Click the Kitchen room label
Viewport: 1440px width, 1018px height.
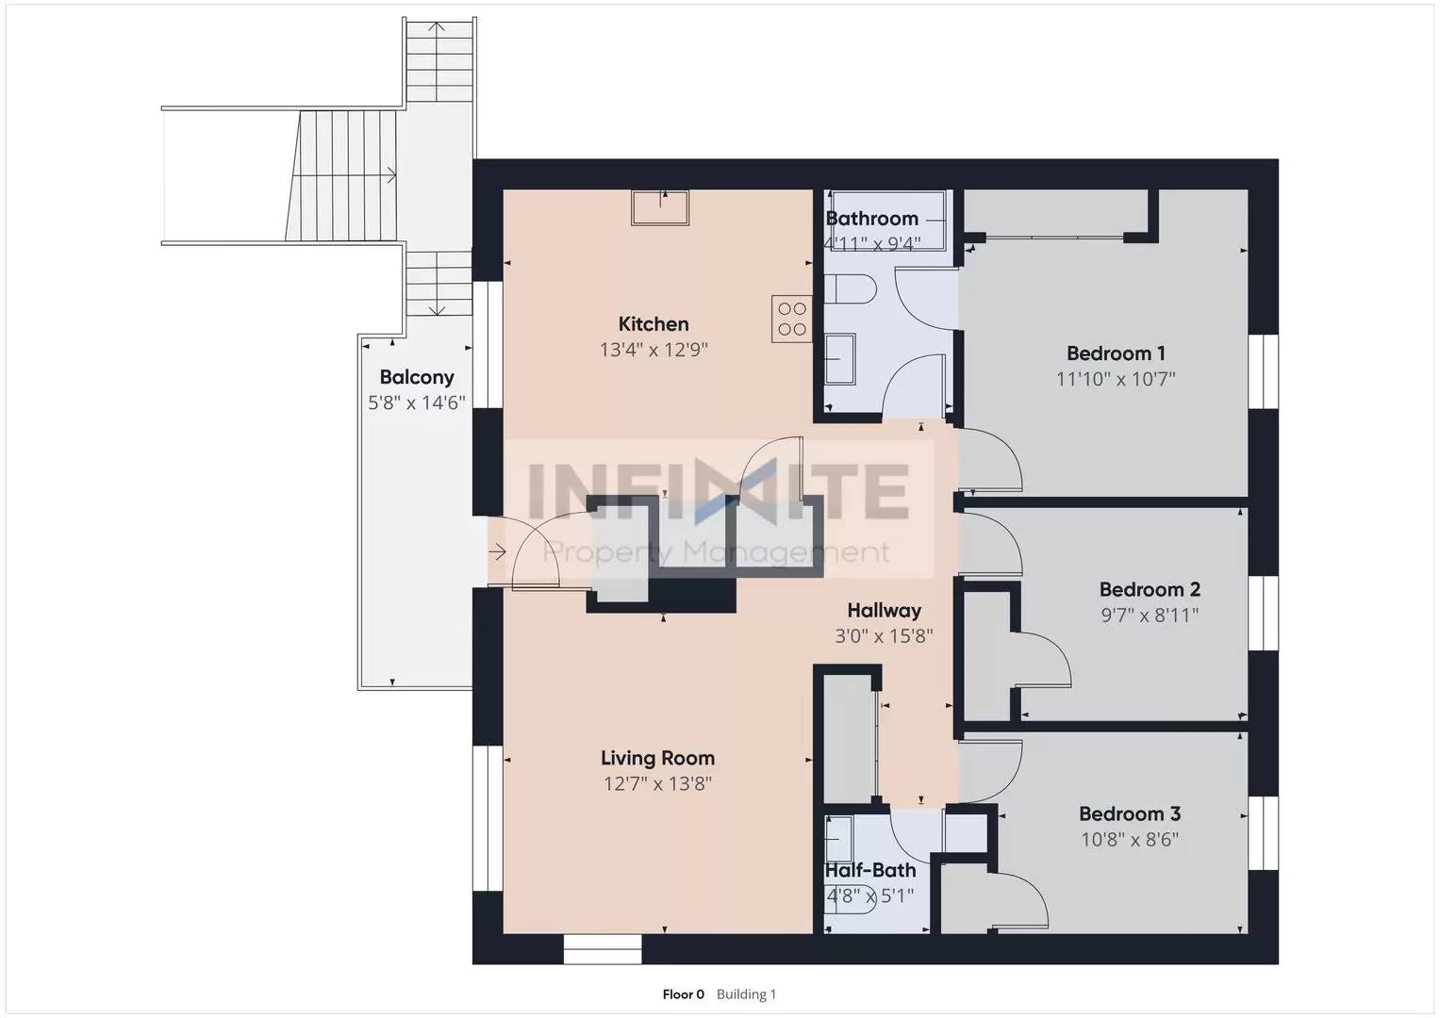[654, 324]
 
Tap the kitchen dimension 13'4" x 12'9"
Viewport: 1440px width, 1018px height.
[654, 351]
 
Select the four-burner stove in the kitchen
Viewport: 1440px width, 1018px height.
[791, 319]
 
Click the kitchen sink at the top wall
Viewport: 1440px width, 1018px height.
[660, 207]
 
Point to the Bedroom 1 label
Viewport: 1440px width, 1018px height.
[1116, 353]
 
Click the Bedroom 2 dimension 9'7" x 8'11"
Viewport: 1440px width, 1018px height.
[1150, 616]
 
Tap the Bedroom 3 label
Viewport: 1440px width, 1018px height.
[1130, 813]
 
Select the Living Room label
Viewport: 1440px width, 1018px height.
[657, 758]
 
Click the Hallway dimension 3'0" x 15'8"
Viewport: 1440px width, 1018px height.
[884, 636]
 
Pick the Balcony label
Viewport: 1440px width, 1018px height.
[417, 377]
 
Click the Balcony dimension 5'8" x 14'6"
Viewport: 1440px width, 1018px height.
[417, 403]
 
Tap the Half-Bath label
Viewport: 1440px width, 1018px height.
[869, 870]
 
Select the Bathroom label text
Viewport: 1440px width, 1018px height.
[871, 219]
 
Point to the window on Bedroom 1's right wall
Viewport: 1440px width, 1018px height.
[1263, 371]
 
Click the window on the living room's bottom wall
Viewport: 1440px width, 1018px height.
[603, 948]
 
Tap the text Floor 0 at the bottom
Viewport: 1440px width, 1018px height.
[683, 994]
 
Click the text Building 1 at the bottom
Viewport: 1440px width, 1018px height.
[746, 994]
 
